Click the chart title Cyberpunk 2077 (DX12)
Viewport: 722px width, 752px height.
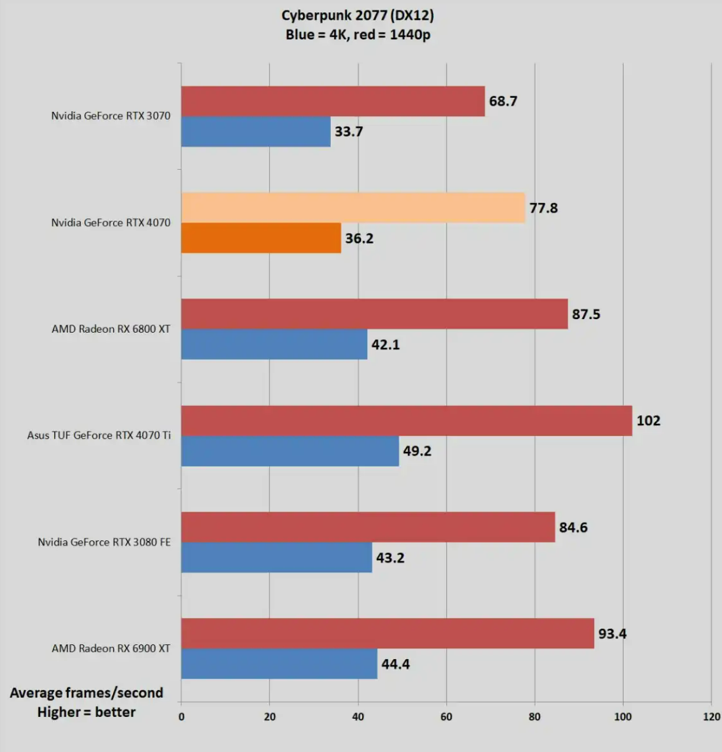point(357,15)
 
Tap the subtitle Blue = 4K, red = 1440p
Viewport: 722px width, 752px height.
point(357,35)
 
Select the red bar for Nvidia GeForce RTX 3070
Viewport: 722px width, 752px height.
point(333,101)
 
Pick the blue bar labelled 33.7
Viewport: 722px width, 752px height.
point(256,132)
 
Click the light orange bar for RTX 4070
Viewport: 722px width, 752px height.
point(353,208)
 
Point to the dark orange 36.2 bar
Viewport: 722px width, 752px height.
point(261,238)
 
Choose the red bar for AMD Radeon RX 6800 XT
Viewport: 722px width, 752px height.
point(374,314)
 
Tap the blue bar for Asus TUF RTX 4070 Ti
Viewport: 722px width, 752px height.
point(290,451)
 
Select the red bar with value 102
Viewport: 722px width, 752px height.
point(407,421)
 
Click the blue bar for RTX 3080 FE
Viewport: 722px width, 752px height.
point(276,557)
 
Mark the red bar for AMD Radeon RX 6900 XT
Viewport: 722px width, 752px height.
point(387,633)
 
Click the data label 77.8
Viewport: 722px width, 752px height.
point(544,208)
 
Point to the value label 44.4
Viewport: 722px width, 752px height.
point(395,664)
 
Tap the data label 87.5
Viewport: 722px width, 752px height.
point(586,314)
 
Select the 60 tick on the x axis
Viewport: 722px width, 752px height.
point(446,716)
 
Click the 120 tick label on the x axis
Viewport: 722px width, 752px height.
point(711,716)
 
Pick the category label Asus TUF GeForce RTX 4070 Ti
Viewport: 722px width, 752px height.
point(99,435)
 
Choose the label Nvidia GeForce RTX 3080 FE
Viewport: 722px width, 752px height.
point(104,542)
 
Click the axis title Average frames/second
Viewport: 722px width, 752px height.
point(87,693)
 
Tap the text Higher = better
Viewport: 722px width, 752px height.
point(87,712)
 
